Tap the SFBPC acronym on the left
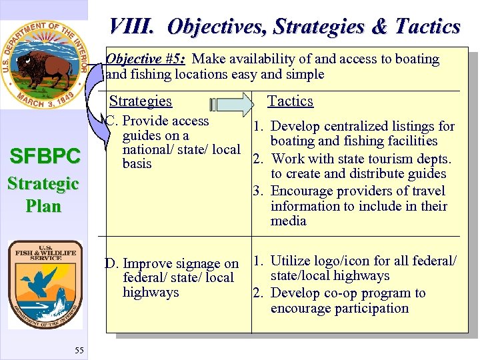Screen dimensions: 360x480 tap(44, 157)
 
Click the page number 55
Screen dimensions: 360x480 tap(79, 351)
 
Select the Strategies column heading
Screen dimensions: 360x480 tap(140, 101)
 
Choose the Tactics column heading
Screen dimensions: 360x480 tap(290, 101)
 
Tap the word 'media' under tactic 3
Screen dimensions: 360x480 tap(288, 221)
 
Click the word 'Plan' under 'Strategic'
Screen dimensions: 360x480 tap(43, 206)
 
